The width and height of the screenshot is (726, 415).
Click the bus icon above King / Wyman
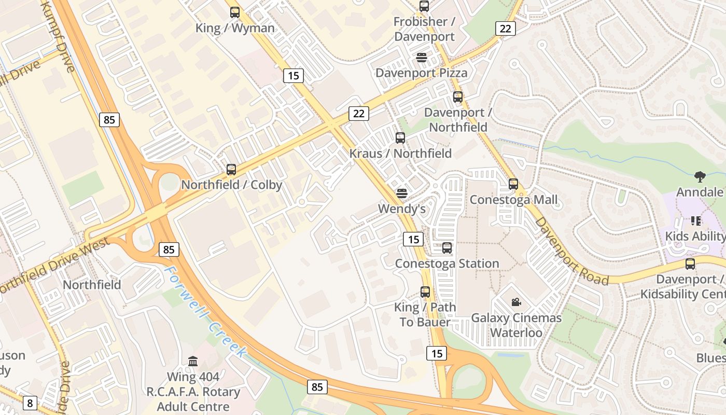(x=235, y=12)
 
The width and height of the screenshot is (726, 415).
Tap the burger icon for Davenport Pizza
(x=421, y=58)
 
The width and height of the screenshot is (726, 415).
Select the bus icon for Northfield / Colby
(x=231, y=170)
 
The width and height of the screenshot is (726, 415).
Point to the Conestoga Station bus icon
(x=447, y=248)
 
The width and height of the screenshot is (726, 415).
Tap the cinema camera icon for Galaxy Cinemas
(x=516, y=302)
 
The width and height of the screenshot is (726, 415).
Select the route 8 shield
(x=30, y=403)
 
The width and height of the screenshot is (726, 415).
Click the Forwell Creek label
(x=205, y=311)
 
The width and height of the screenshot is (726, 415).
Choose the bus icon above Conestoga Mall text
(x=513, y=184)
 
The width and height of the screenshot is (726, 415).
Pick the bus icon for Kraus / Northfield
(x=400, y=138)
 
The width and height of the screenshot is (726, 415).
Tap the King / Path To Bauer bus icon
(x=425, y=292)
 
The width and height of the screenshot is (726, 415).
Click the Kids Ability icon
(x=696, y=221)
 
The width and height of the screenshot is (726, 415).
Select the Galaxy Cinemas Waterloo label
(x=516, y=325)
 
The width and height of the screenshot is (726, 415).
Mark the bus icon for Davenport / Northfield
(x=458, y=97)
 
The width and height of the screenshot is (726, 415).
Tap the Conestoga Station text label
(x=447, y=264)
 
